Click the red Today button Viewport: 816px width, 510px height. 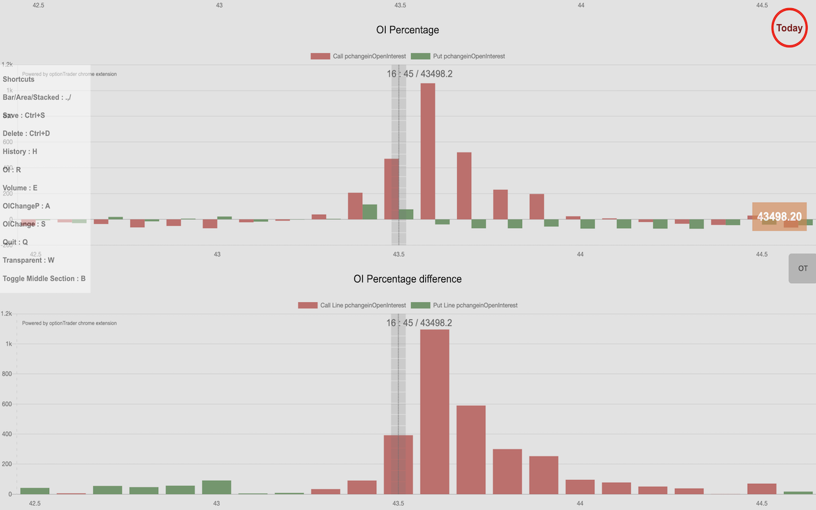(x=789, y=28)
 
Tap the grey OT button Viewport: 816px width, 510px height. (x=802, y=268)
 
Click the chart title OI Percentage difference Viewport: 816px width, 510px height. (x=407, y=279)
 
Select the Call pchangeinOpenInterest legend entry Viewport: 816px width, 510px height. (x=358, y=56)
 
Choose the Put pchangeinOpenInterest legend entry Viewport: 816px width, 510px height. (x=458, y=56)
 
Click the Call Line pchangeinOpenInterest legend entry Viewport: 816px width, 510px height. (x=351, y=305)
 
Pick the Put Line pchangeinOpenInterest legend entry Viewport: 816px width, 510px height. (x=464, y=305)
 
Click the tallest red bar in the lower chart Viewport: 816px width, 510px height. (x=435, y=411)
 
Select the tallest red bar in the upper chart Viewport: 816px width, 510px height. (x=428, y=151)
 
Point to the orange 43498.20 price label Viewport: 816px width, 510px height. (x=779, y=217)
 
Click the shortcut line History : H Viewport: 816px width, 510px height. (x=20, y=152)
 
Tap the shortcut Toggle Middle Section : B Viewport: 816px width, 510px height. (x=44, y=279)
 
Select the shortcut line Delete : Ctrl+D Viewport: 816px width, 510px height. (x=26, y=134)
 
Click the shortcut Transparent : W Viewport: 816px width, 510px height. (x=29, y=260)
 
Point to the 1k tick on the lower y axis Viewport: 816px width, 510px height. (x=8, y=344)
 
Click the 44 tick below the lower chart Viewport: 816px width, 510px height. (x=580, y=503)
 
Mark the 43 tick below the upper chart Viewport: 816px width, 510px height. (x=217, y=254)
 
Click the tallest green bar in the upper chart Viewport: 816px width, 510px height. (x=370, y=212)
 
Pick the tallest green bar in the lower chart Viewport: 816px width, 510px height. (x=217, y=487)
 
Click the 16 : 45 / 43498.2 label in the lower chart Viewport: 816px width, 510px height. (x=419, y=323)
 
